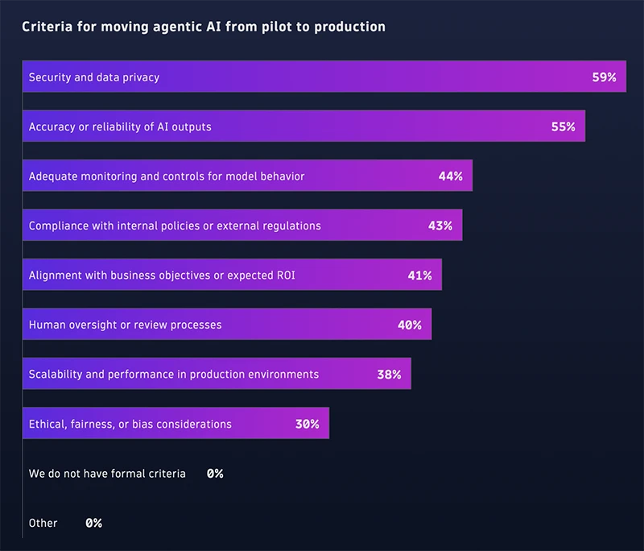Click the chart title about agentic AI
pyautogui.click(x=203, y=27)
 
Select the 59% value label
pyautogui.click(x=604, y=77)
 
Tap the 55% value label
pyautogui.click(x=563, y=126)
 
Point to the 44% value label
pyautogui.click(x=450, y=176)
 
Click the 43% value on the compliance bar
pyautogui.click(x=440, y=226)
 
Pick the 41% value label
pyautogui.click(x=419, y=275)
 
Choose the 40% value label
pyautogui.click(x=409, y=325)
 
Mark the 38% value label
pyautogui.click(x=389, y=375)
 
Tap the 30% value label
pyautogui.click(x=307, y=424)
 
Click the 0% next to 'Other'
pyautogui.click(x=93, y=523)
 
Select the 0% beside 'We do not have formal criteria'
pyautogui.click(x=214, y=474)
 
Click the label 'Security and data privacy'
pyautogui.click(x=94, y=77)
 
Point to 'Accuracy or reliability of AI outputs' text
pyautogui.click(x=120, y=126)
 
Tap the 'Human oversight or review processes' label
pyautogui.click(x=125, y=325)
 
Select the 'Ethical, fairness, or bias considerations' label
pyautogui.click(x=130, y=424)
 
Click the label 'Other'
pyautogui.click(x=43, y=523)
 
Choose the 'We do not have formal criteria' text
pyautogui.click(x=107, y=474)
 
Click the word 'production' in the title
pyautogui.click(x=351, y=27)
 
